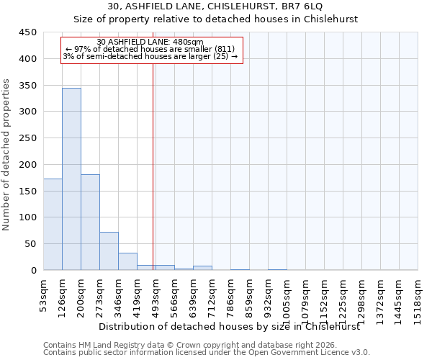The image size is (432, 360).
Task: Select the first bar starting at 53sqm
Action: (53, 224)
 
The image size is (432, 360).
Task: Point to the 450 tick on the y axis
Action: (28, 32)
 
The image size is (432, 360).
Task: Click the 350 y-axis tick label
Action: (28, 86)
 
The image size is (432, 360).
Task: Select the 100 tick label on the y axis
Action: (28, 217)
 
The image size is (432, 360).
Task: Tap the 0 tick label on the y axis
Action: (33, 271)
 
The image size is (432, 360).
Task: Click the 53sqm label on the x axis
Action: (44, 293)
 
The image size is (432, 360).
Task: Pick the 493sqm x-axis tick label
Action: (156, 293)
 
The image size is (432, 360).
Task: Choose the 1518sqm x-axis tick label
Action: (418, 296)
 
